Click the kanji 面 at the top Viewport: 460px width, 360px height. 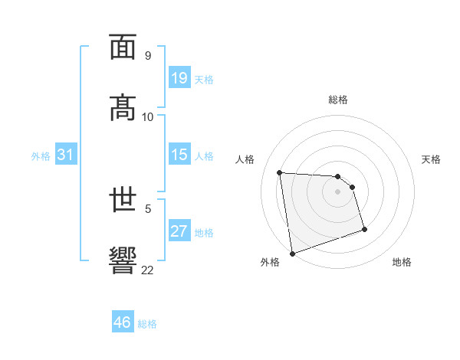123,47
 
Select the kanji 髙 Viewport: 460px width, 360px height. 123,107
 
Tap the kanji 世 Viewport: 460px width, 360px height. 123,200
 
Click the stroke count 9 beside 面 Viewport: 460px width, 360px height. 147,56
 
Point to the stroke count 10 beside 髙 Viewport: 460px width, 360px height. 148,116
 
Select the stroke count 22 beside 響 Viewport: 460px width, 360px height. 148,270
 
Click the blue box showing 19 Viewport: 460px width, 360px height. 179,77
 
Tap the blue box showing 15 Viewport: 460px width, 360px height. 179,155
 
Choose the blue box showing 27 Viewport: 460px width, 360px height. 179,231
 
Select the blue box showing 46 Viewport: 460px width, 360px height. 123,322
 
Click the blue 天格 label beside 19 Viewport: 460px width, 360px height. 204,79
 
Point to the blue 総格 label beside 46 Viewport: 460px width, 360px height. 147,324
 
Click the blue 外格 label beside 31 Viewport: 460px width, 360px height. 41,155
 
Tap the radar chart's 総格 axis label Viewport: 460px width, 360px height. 338,100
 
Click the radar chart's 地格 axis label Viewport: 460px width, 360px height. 402,262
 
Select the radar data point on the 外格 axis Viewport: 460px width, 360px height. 291,253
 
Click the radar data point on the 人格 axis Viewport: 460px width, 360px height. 280,172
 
